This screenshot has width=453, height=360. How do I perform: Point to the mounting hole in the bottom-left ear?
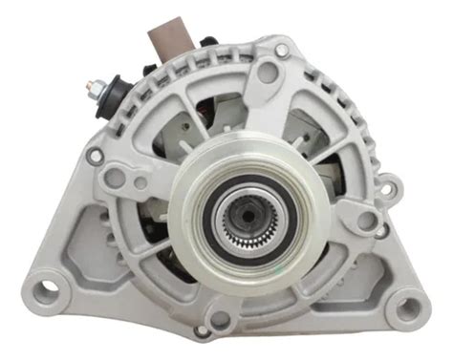pos(45,283)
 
